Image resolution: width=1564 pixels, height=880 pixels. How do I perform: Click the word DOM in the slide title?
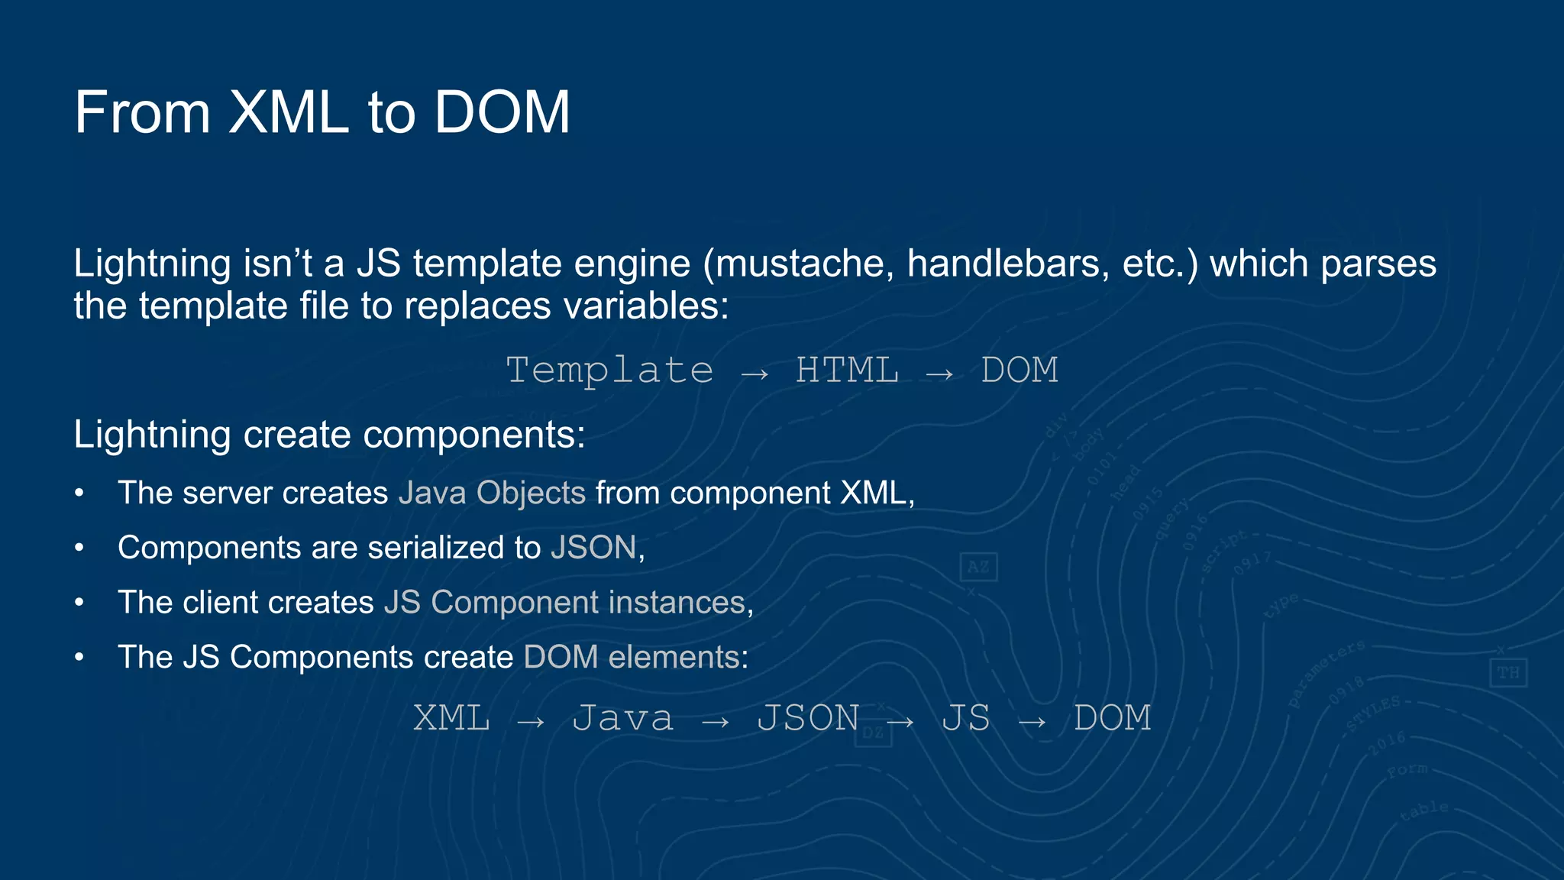click(x=502, y=112)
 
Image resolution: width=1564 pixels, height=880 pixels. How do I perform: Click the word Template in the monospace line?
click(x=609, y=370)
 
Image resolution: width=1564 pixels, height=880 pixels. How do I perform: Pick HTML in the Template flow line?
click(x=847, y=370)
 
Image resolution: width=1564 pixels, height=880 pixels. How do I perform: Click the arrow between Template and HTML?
click(x=755, y=374)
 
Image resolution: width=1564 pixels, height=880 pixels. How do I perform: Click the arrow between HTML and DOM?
click(x=939, y=374)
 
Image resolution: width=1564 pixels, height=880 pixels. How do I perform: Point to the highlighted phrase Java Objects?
click(x=492, y=493)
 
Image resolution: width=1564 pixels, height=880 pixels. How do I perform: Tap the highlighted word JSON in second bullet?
click(x=593, y=548)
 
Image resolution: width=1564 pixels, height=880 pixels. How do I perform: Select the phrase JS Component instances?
click(x=564, y=603)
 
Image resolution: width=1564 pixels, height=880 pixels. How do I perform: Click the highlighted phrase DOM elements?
click(x=632, y=657)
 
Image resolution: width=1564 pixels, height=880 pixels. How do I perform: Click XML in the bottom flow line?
click(x=451, y=718)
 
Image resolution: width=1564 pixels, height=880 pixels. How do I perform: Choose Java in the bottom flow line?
click(x=623, y=718)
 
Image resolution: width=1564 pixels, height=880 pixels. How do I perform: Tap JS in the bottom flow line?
click(x=965, y=718)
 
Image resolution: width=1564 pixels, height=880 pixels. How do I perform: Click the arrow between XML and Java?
click(x=530, y=721)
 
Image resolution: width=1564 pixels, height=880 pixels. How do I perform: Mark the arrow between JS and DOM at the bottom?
click(x=1032, y=721)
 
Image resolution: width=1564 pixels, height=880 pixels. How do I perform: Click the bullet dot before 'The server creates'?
click(x=79, y=493)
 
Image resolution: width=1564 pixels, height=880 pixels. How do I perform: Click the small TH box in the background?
click(x=1508, y=673)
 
